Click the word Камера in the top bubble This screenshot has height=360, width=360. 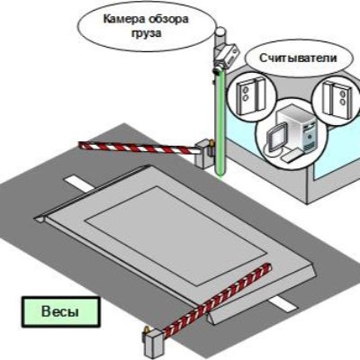coord(121,20)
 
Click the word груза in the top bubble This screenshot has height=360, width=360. coord(146,33)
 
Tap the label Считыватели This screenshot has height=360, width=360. coord(298,58)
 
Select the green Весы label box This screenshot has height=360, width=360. coord(60,311)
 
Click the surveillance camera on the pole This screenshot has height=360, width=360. coord(226,56)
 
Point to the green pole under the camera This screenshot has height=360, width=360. coord(220,123)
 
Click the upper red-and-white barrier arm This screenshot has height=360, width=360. coord(137,148)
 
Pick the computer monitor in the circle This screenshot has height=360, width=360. coord(275,138)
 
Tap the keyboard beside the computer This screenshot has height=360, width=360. coord(292,156)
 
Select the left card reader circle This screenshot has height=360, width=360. coord(251,96)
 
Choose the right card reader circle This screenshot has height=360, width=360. coord(336,96)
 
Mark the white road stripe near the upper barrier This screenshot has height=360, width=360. coord(78,184)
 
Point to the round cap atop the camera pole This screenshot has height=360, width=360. coord(221,31)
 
